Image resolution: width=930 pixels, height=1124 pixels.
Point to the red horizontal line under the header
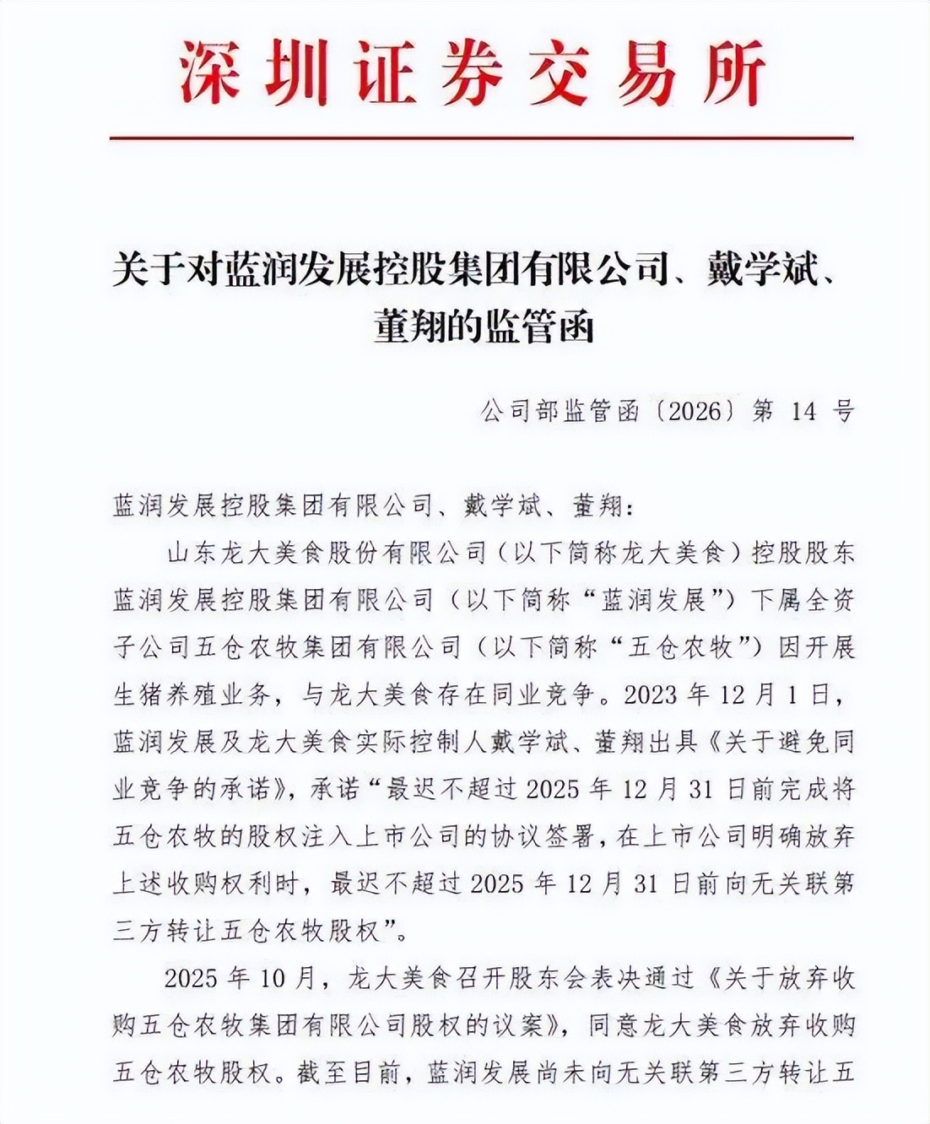click(481, 138)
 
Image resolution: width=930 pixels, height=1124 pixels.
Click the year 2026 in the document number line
click(694, 411)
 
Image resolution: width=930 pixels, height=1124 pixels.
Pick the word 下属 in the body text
click(775, 600)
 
